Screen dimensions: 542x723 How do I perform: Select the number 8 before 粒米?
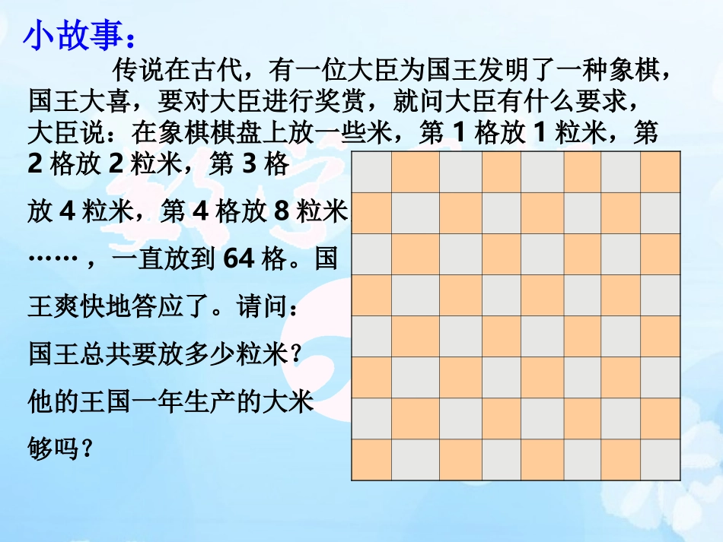[x=282, y=211]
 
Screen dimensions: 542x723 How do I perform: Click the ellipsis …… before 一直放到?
[x=53, y=259]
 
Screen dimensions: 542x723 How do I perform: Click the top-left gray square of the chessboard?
[x=371, y=172]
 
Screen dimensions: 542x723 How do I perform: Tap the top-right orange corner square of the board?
[x=661, y=172]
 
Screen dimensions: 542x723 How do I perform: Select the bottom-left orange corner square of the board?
[x=371, y=460]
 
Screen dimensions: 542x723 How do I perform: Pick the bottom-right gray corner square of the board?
[x=661, y=460]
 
